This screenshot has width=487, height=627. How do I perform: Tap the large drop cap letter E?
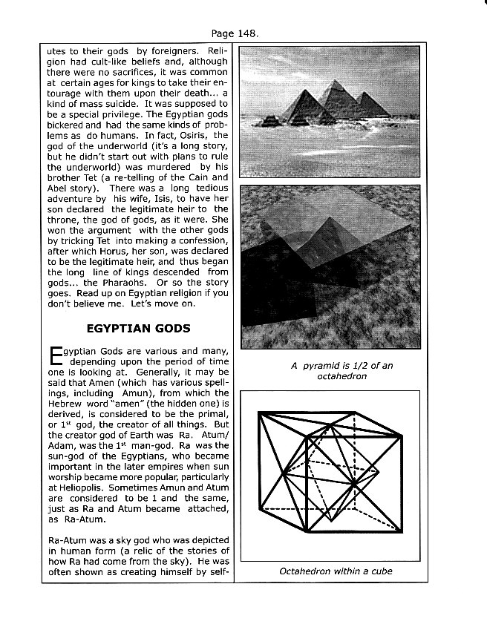tap(54, 357)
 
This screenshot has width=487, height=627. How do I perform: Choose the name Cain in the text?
tap(178, 171)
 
